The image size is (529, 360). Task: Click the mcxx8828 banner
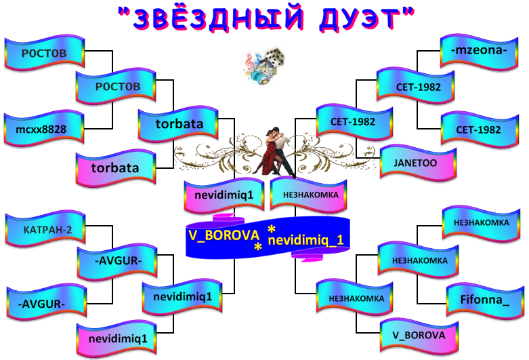click(44, 128)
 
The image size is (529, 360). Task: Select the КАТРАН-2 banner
click(45, 228)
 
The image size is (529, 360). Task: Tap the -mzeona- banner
click(479, 52)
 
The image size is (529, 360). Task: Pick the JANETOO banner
click(418, 163)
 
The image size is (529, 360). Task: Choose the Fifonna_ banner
click(485, 300)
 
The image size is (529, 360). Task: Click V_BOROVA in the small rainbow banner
click(419, 336)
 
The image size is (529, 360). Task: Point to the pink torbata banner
click(116, 168)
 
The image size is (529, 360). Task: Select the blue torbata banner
click(178, 124)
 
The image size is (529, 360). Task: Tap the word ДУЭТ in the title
click(358, 18)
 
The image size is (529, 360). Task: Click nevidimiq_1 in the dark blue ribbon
click(305, 241)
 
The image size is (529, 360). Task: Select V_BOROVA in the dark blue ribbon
click(224, 235)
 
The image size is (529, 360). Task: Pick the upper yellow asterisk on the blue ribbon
click(271, 229)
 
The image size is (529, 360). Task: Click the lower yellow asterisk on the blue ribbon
click(258, 247)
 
